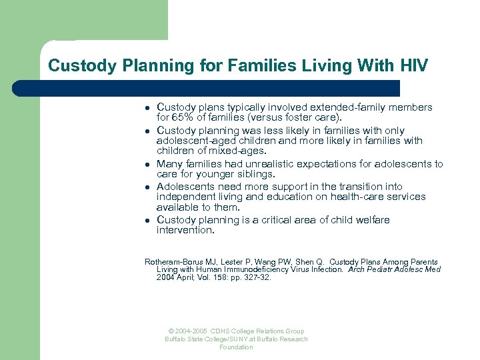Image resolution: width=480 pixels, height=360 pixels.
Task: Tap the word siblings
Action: point(255,174)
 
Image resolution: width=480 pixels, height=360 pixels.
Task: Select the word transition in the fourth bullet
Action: point(349,187)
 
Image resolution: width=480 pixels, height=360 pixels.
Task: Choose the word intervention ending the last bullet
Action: point(185,230)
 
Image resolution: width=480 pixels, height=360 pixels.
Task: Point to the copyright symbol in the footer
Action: point(171,331)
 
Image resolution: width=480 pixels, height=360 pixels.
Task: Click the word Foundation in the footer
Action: point(236,347)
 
